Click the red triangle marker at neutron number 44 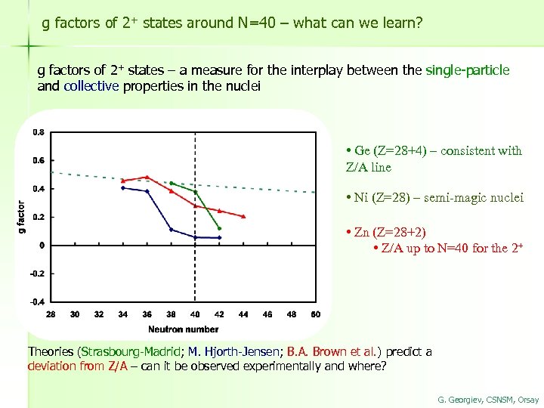[243, 216]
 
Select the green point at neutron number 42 [219, 228]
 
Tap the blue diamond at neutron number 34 [123, 188]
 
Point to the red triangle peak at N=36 [147, 178]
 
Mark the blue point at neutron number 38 [172, 230]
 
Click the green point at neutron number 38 [172, 183]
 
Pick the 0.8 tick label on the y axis [38, 132]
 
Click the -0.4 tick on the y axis [37, 301]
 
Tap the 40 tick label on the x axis [195, 314]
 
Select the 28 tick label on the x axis [51, 314]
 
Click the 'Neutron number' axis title [183, 329]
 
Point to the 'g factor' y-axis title [21, 216]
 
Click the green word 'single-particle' [468, 70]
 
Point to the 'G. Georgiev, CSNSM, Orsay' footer [488, 398]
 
